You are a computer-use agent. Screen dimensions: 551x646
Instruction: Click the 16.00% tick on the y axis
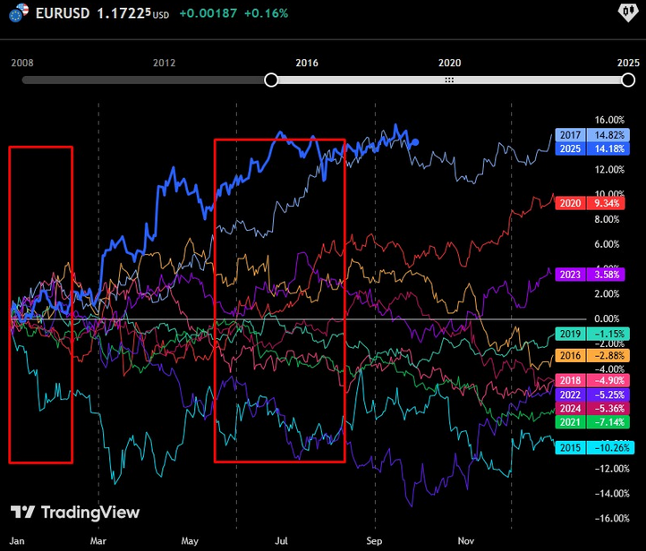(x=608, y=119)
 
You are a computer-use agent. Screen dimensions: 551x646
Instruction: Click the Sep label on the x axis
(x=374, y=541)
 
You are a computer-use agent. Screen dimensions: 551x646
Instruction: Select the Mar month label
(x=98, y=541)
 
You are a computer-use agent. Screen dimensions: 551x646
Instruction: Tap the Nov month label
(x=465, y=541)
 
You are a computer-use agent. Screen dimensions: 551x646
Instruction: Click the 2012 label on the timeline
(x=164, y=63)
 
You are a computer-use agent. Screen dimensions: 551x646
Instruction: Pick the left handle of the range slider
(x=271, y=81)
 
